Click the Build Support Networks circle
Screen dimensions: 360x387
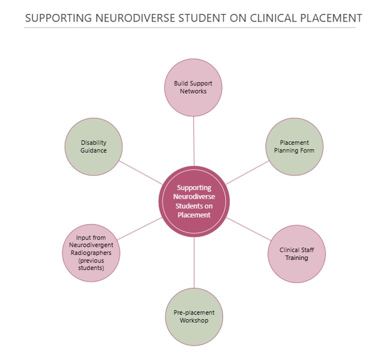click(x=193, y=87)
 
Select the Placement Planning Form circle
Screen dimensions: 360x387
click(x=294, y=146)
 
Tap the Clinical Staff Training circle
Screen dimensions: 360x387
click(x=296, y=254)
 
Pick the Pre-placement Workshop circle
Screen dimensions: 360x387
click(x=193, y=316)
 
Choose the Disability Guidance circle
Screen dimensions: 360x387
click(x=93, y=146)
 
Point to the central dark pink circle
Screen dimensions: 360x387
click(x=193, y=201)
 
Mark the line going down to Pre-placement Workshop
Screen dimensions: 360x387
click(x=193, y=262)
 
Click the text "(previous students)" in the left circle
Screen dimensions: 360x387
click(x=91, y=264)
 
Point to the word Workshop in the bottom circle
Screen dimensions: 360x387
click(x=194, y=320)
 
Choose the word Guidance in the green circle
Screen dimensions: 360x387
click(x=93, y=150)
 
